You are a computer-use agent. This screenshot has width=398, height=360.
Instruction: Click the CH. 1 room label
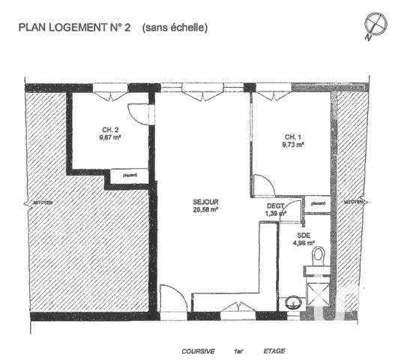(x=293, y=136)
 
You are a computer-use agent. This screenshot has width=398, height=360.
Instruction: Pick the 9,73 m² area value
(x=294, y=145)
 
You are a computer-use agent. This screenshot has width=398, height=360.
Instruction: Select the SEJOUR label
(x=204, y=202)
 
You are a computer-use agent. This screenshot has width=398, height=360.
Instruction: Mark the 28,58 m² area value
(x=205, y=211)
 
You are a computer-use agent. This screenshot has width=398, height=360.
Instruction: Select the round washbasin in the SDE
(x=292, y=304)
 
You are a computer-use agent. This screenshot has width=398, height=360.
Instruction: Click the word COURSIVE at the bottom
(x=199, y=350)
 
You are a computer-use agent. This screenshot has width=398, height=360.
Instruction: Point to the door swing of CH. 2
(x=138, y=111)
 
